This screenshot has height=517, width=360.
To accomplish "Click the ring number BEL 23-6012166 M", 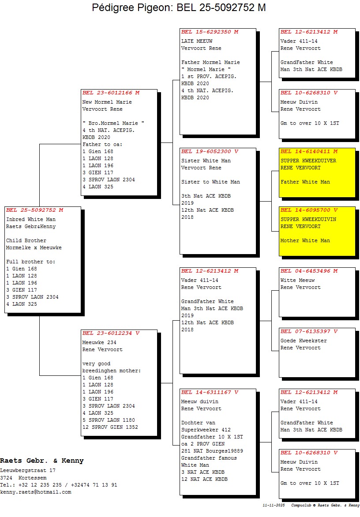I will point(111,93).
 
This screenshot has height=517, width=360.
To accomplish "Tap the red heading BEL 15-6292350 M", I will point(210,32).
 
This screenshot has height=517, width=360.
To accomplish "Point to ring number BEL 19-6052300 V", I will point(210,151).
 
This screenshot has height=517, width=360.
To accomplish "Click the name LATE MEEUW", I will point(197,41).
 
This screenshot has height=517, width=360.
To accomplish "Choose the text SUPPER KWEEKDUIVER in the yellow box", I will point(308,161).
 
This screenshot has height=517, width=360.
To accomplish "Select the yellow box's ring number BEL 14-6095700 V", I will point(309,210).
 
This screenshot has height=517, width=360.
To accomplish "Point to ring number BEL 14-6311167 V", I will point(210,392).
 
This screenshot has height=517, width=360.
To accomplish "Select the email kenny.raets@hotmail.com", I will point(35,492).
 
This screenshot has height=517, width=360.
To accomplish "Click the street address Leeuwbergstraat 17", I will point(28,471).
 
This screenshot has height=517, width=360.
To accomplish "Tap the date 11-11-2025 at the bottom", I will point(274,505).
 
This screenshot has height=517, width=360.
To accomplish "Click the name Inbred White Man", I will point(31,219).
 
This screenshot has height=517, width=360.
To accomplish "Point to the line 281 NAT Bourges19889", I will point(212,451).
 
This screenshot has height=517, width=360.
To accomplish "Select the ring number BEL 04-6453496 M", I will point(309,271).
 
